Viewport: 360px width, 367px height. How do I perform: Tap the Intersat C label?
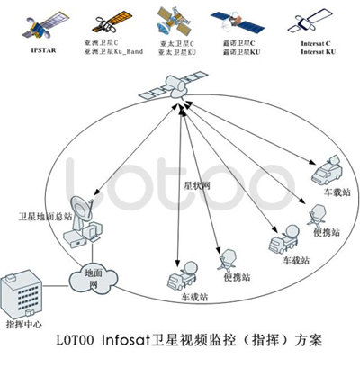click(x=311, y=41)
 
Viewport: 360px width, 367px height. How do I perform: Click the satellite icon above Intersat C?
click(x=309, y=19)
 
